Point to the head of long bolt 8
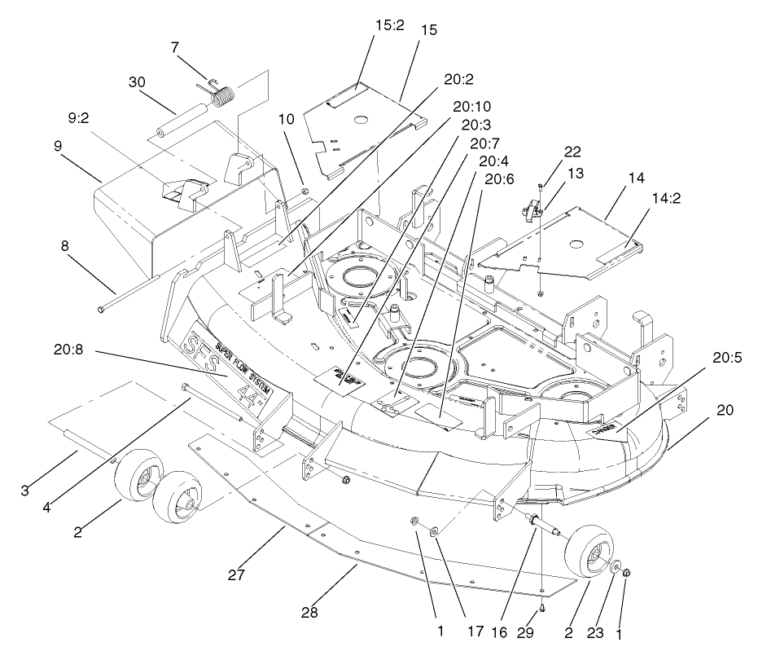[x=101, y=310]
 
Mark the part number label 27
[x=236, y=575]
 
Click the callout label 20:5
[x=730, y=358]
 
